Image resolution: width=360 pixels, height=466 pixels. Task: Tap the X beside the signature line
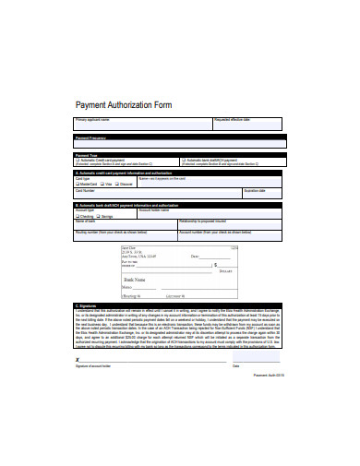click(77, 361)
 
